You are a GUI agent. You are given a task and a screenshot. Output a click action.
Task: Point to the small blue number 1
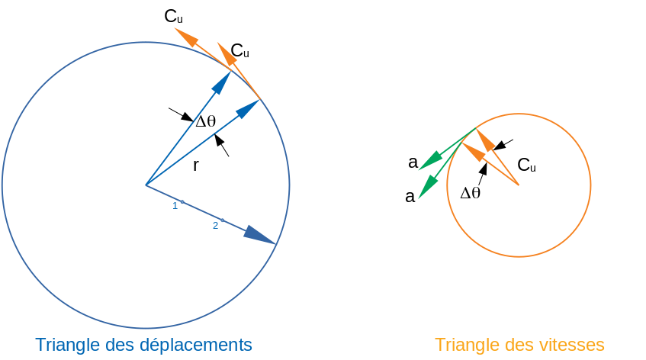pos(175,205)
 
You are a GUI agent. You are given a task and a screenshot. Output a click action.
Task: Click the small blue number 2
pos(215,225)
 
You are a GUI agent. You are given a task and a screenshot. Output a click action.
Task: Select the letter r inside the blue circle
pos(195,165)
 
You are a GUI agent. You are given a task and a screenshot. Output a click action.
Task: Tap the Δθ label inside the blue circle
pos(206,121)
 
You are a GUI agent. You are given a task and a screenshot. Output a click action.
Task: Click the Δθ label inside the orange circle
pos(471,193)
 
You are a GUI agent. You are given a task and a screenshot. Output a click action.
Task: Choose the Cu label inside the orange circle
pos(526,165)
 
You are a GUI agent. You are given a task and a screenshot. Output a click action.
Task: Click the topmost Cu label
pos(173,15)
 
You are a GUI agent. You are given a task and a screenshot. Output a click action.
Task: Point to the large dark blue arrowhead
pos(259,234)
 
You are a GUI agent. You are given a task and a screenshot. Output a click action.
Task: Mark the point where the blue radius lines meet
pos(146,185)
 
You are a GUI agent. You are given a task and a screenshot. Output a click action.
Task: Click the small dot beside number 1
pos(182,201)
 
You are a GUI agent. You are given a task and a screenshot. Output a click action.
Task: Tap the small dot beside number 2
pos(222,220)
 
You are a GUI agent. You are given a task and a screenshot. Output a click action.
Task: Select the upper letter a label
pos(413,162)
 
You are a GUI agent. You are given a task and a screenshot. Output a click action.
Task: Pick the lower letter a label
pos(410,197)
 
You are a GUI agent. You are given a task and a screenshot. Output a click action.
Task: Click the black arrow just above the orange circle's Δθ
pos(482,170)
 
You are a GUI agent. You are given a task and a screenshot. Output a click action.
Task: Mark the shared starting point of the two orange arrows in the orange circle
pos(519,185)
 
